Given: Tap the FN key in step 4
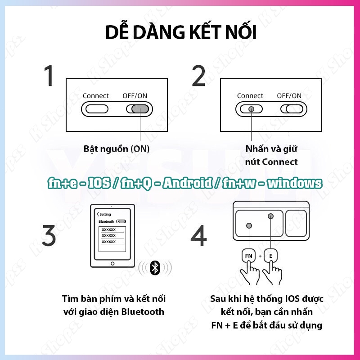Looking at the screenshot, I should (x=248, y=256).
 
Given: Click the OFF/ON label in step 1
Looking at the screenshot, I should (x=135, y=96).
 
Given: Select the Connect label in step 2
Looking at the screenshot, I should (x=250, y=96).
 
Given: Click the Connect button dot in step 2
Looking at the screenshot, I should (x=251, y=109).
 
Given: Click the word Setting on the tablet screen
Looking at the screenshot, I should (x=105, y=215).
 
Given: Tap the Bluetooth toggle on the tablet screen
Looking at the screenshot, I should (x=121, y=222).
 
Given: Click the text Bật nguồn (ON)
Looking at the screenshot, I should (x=117, y=149).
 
